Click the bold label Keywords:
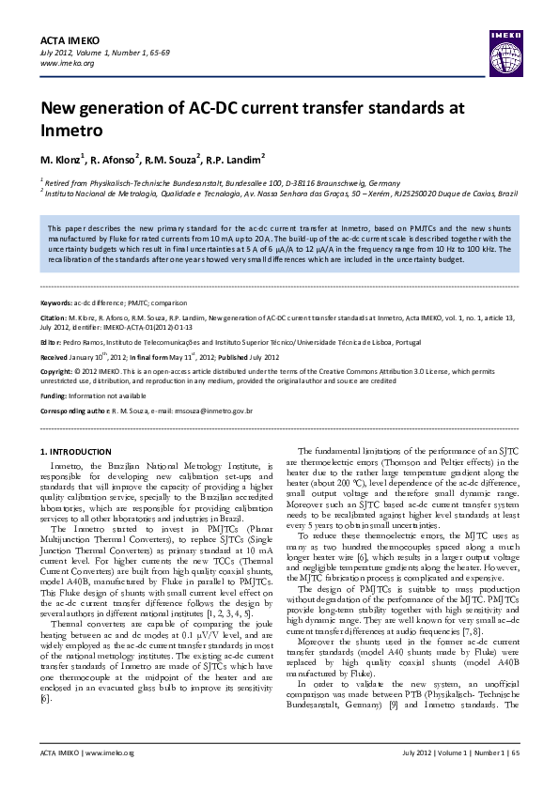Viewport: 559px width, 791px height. click(x=56, y=304)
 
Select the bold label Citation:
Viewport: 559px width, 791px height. click(x=54, y=318)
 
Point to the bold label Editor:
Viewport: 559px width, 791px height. click(x=52, y=344)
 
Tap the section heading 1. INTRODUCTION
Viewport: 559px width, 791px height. click(x=80, y=452)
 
